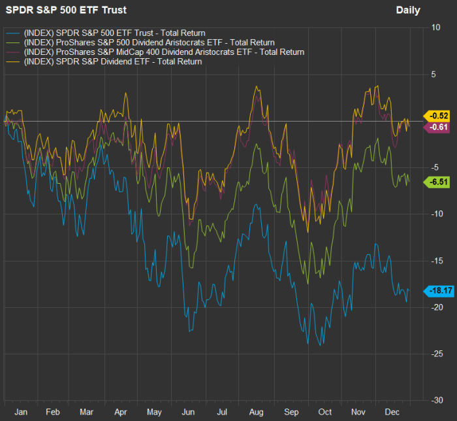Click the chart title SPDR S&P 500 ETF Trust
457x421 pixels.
click(x=66, y=10)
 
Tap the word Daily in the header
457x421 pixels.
click(x=408, y=10)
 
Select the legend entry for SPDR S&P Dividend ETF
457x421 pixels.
click(x=112, y=61)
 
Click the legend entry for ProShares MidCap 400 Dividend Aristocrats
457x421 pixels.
click(x=164, y=51)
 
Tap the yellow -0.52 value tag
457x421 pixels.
click(x=437, y=116)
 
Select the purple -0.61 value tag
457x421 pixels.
click(x=437, y=127)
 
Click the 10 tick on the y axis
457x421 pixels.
click(x=435, y=27)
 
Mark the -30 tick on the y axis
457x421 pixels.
click(x=434, y=400)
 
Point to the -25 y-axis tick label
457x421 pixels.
click(x=434, y=354)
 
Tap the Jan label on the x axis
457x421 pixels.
click(x=21, y=413)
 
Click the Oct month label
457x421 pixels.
click(x=325, y=413)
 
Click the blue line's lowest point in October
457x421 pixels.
click(x=321, y=345)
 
